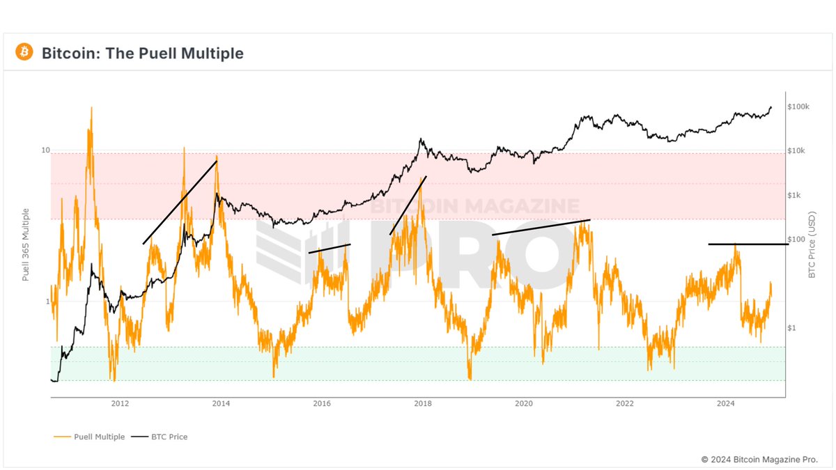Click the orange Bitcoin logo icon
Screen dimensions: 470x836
point(24,52)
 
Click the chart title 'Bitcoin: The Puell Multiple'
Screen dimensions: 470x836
point(143,53)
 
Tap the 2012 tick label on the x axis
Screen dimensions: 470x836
point(120,404)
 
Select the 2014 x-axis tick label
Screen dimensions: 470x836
point(221,404)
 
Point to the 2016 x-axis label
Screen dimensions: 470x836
point(322,404)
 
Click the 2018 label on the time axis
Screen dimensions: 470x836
point(423,404)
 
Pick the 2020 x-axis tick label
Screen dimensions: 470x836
point(524,404)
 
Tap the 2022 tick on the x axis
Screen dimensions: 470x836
point(625,404)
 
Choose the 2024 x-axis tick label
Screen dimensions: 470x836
point(726,404)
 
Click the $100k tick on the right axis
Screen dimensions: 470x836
point(798,107)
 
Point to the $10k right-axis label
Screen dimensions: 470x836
point(796,151)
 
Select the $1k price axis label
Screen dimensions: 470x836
point(795,196)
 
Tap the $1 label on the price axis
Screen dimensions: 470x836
point(792,328)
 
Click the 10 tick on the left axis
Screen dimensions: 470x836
point(45,150)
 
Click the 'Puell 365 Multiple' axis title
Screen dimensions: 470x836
point(25,244)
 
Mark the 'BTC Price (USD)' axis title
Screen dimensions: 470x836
point(812,244)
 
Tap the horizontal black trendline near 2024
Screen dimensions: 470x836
point(748,244)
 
